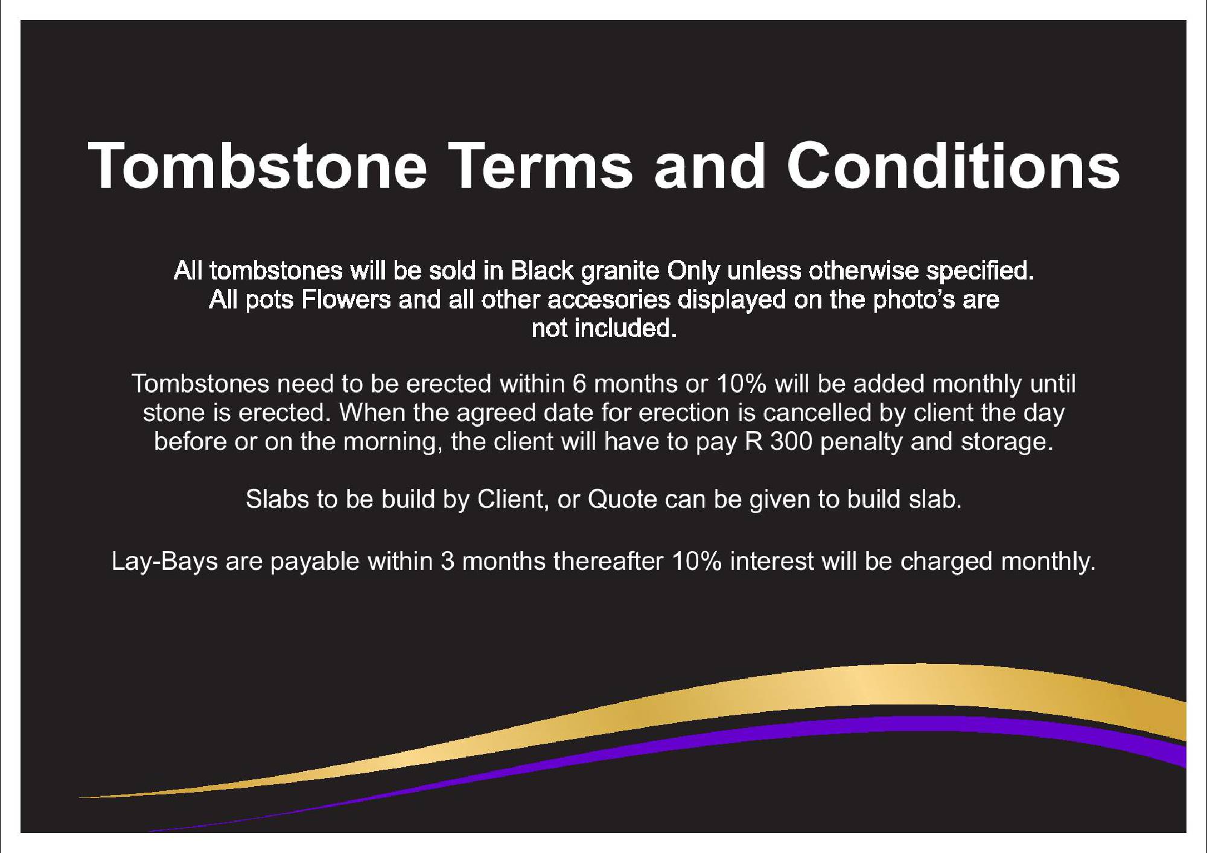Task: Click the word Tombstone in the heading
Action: (x=258, y=165)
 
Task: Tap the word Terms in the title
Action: (x=542, y=165)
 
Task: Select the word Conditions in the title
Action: (x=954, y=165)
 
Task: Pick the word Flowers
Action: (x=346, y=299)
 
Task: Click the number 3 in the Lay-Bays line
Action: (x=447, y=562)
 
